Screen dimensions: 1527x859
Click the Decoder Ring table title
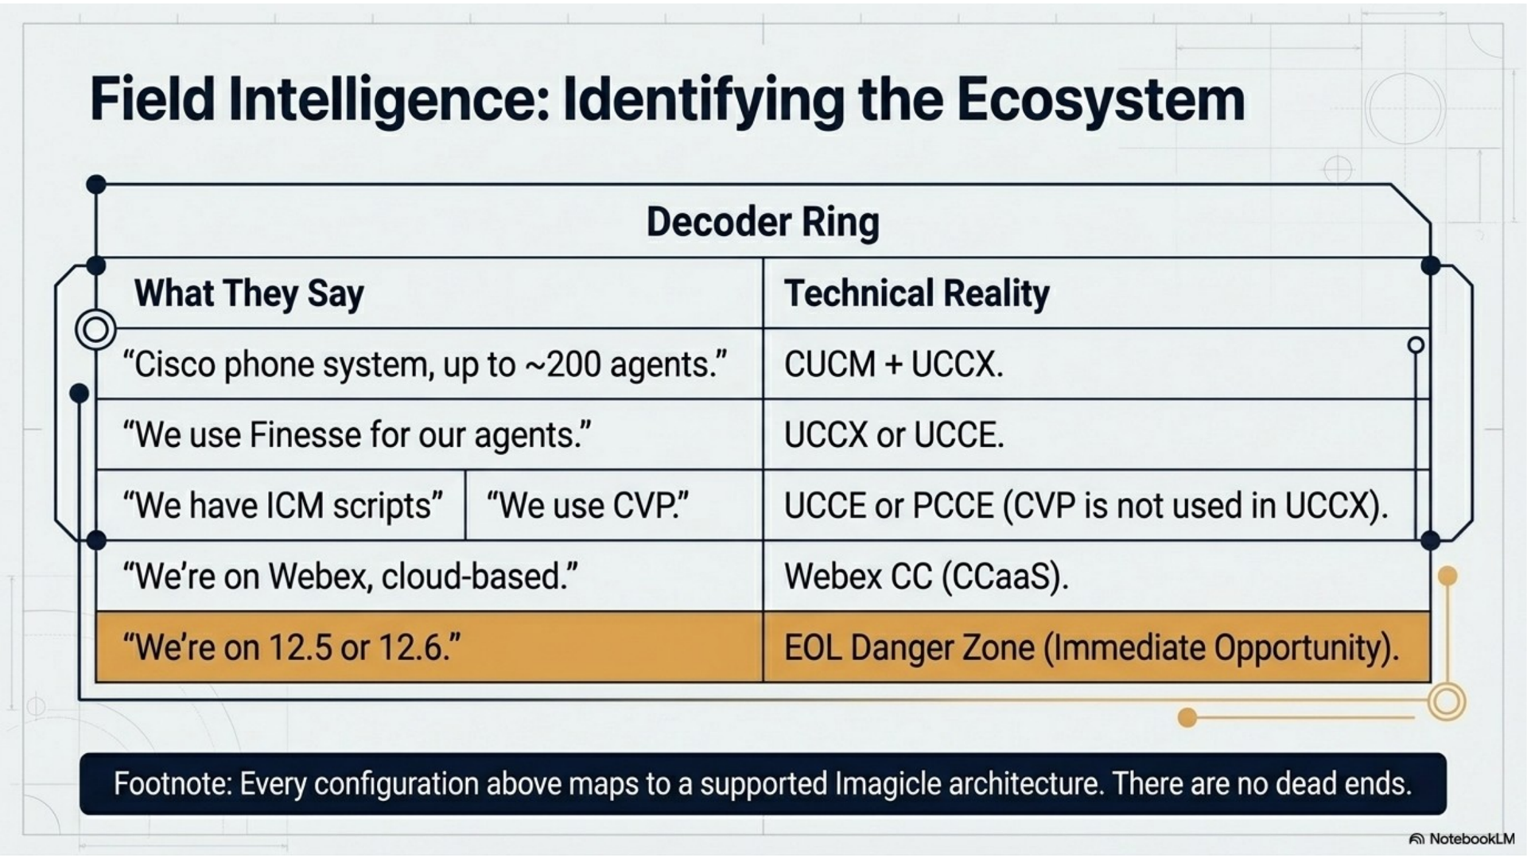coord(763,221)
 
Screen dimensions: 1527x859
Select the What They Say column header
coord(249,293)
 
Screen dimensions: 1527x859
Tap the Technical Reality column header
coord(916,293)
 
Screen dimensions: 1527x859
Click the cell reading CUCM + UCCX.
coord(1096,364)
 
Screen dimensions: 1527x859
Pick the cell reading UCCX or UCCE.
coord(1096,435)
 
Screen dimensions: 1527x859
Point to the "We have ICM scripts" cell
coord(281,506)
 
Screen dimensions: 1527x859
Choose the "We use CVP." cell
coord(614,506)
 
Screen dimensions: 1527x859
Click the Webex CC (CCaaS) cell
coord(1096,577)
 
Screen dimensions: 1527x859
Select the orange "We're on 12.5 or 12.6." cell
coord(429,647)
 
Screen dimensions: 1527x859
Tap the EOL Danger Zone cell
coord(1096,647)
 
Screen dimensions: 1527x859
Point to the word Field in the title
coord(152,99)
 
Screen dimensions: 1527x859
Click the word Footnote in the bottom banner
coord(172,784)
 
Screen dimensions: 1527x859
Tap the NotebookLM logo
coord(1461,839)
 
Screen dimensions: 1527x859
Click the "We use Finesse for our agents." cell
coord(429,435)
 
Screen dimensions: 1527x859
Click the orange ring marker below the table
coord(1446,702)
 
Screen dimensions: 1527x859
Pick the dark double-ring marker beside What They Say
coord(95,329)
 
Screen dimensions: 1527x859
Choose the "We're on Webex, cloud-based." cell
coord(429,577)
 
